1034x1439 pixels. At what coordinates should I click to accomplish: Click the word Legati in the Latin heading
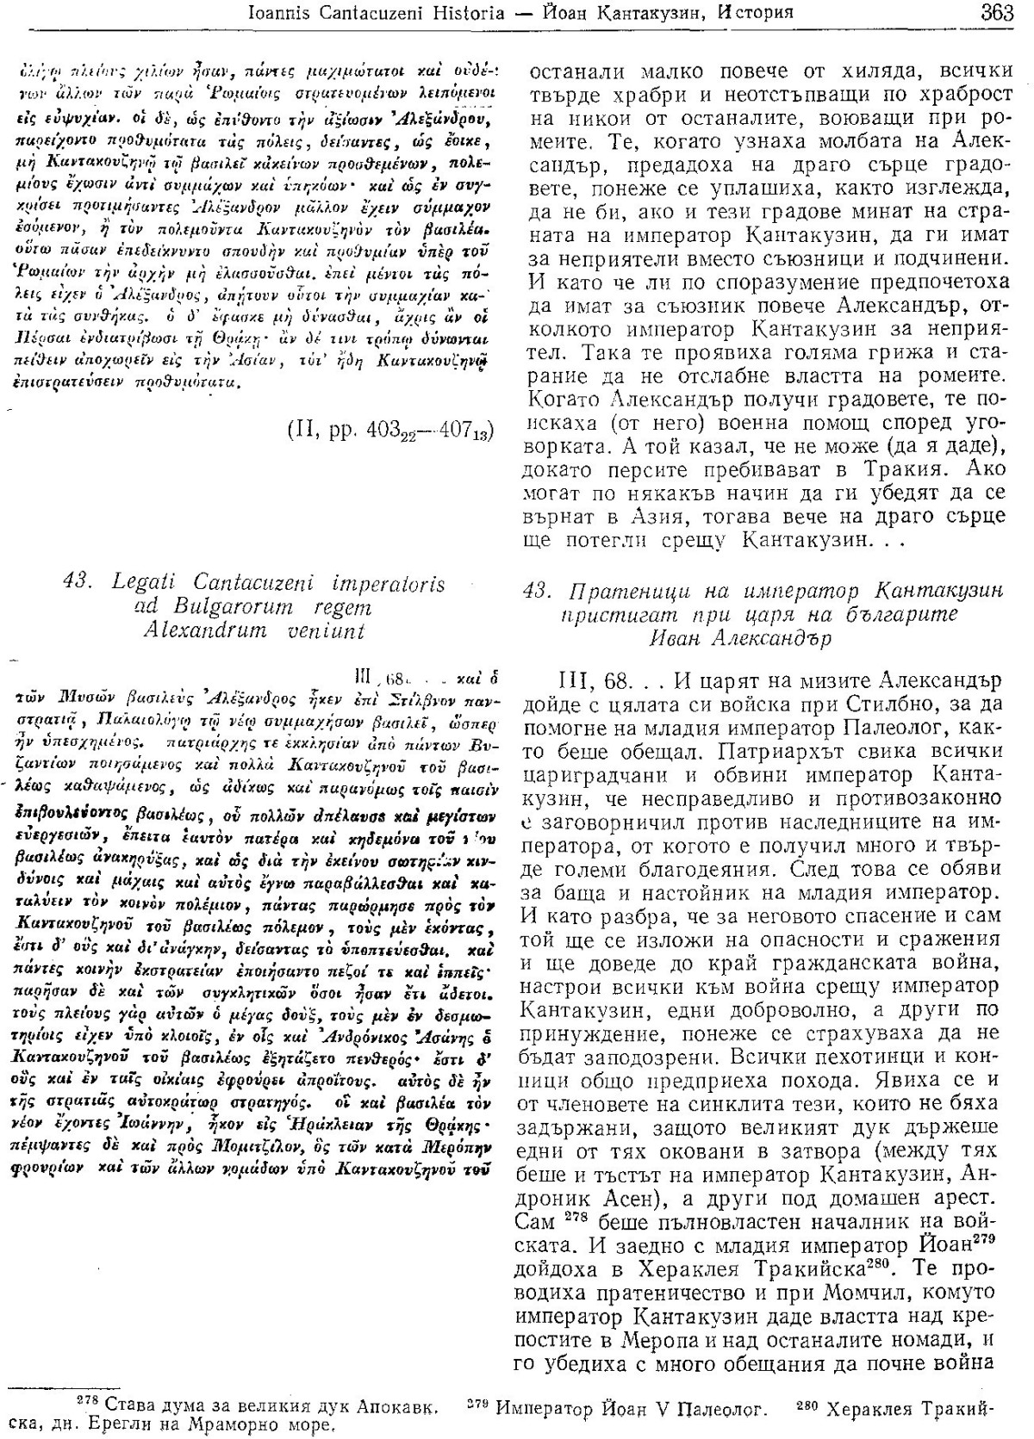149,584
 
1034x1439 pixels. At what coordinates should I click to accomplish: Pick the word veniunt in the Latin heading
325,630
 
